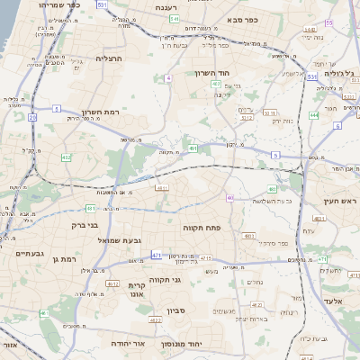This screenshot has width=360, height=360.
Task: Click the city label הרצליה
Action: coord(108,58)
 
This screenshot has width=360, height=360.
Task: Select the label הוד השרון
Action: coord(212,73)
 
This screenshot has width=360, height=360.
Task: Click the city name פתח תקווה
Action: coord(202,229)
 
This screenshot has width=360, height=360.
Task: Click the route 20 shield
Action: coord(32,117)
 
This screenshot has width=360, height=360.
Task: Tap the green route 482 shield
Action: coord(66,157)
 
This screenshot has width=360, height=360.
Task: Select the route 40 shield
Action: coord(230,197)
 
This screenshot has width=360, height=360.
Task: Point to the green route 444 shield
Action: coord(314,115)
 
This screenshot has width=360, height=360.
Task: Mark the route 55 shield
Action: coord(328,22)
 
